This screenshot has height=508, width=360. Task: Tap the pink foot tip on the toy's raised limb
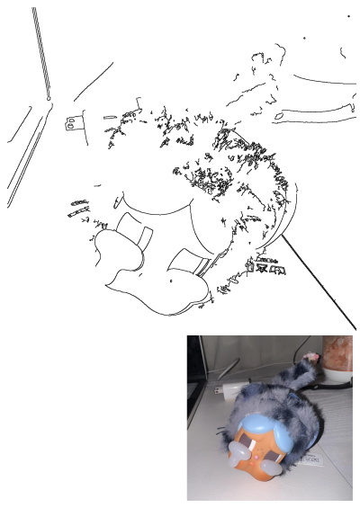pos(312,357)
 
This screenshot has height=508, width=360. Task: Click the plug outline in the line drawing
pos(71,122)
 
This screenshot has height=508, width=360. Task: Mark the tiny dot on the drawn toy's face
pos(170,281)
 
